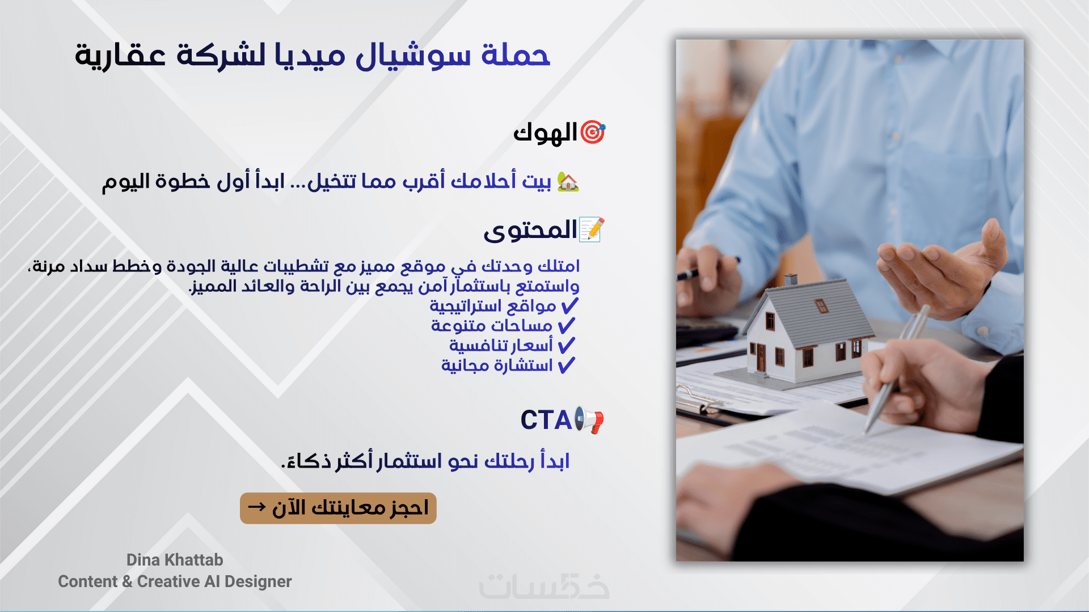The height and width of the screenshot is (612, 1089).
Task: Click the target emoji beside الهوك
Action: point(593,133)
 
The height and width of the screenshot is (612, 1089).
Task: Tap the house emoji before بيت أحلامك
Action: point(568,181)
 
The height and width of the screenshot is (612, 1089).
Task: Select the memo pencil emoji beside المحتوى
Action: point(592,229)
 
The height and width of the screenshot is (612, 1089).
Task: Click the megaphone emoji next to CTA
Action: point(589,420)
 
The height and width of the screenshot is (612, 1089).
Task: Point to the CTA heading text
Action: point(546,420)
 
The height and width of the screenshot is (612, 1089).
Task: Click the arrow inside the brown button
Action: point(257,507)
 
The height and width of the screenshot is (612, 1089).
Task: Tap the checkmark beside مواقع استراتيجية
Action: point(569,306)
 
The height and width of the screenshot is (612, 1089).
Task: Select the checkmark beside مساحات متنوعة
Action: point(566,326)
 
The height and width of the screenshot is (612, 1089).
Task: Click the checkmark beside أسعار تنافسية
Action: point(566,346)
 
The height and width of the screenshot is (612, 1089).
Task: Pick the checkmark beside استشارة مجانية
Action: point(566,365)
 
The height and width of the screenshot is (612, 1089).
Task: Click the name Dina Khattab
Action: point(175,560)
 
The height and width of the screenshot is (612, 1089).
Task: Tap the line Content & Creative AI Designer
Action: point(175,581)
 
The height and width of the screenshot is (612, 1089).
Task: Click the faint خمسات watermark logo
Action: point(544,586)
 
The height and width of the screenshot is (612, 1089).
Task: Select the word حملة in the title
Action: point(516,56)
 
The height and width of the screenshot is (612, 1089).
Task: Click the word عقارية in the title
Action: point(120,57)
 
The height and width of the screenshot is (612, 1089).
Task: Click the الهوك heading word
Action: point(545,133)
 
